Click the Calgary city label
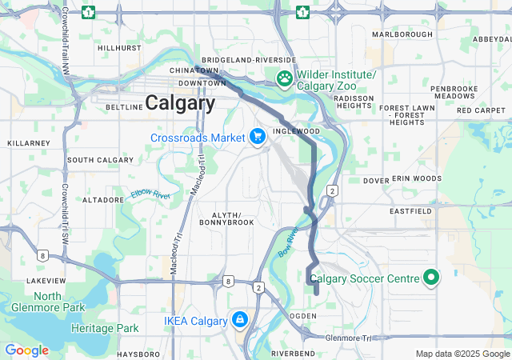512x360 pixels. pyautogui.click(x=180, y=103)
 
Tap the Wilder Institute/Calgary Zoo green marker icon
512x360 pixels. pyautogui.click(x=284, y=78)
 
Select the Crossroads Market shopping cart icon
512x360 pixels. pyautogui.click(x=258, y=138)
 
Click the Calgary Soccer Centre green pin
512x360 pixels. pyautogui.click(x=432, y=278)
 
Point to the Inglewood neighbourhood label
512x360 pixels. pyautogui.click(x=296, y=130)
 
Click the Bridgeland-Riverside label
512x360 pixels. pyautogui.click(x=249, y=60)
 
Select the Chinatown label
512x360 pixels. pyautogui.click(x=194, y=70)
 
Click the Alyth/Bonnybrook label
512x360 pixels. pyautogui.click(x=232, y=220)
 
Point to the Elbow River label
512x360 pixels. pyautogui.click(x=150, y=194)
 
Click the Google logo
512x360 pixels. pyautogui.click(x=26, y=350)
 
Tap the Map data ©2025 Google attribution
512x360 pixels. pyautogui.click(x=462, y=354)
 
